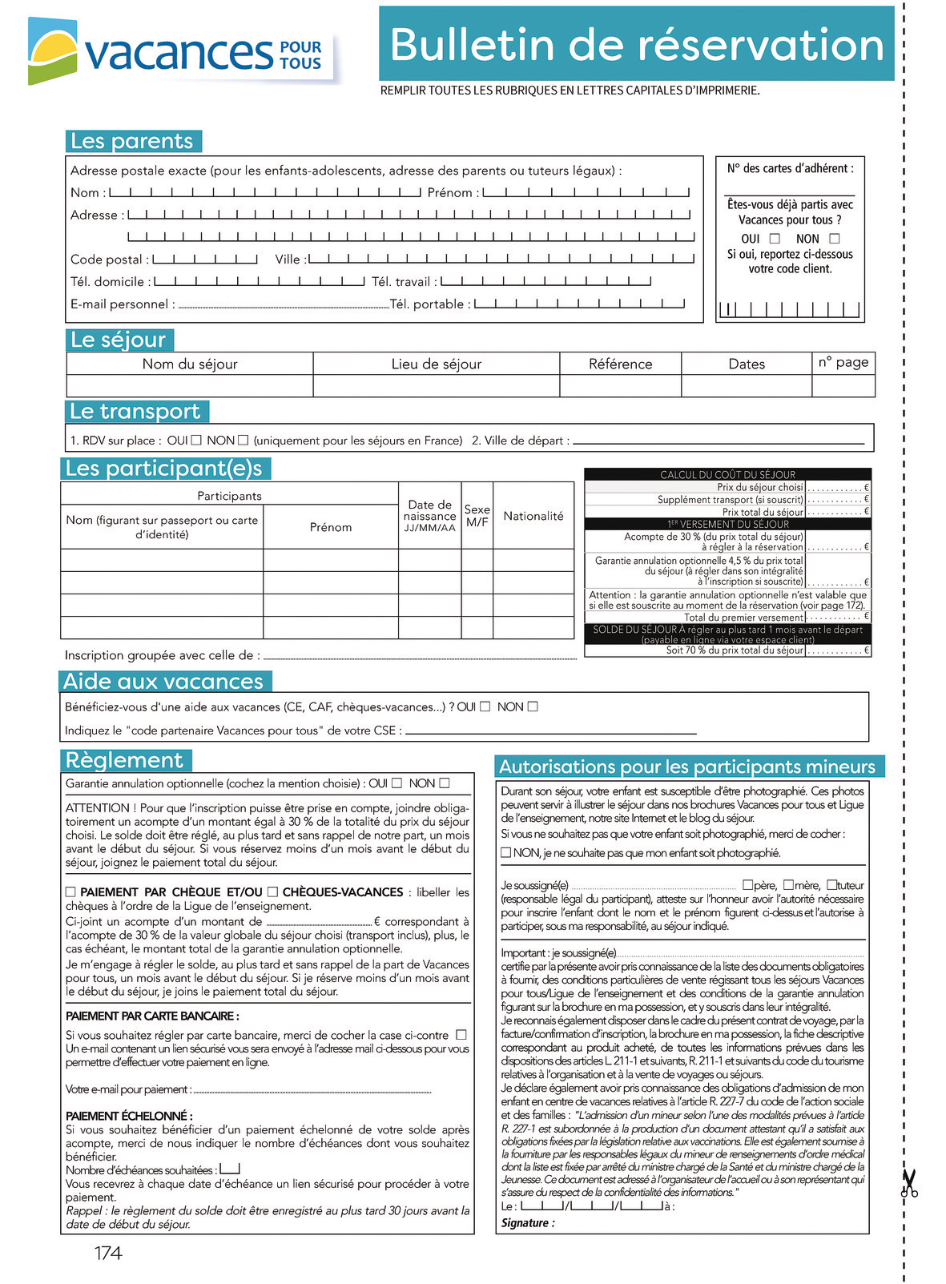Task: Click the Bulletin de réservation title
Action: [636, 44]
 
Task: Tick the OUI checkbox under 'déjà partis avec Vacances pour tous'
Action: [775, 239]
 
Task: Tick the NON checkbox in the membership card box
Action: [835, 239]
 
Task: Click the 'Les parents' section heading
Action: [133, 141]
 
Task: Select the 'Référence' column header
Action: [620, 364]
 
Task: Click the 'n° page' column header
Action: [843, 362]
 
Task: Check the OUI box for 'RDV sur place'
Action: [196, 441]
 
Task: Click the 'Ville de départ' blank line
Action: [719, 442]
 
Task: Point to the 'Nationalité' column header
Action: [533, 516]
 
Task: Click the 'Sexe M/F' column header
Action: [477, 515]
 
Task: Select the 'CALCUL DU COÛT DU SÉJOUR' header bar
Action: [727, 474]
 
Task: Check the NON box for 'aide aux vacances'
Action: [533, 706]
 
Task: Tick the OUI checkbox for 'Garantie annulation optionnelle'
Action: [397, 783]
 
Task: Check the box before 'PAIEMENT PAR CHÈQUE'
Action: [70, 892]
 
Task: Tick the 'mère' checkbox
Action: [788, 885]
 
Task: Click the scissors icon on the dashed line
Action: [908, 1183]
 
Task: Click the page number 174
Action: [108, 1253]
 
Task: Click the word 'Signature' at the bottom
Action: [526, 1223]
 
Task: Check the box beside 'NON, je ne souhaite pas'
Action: [506, 853]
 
